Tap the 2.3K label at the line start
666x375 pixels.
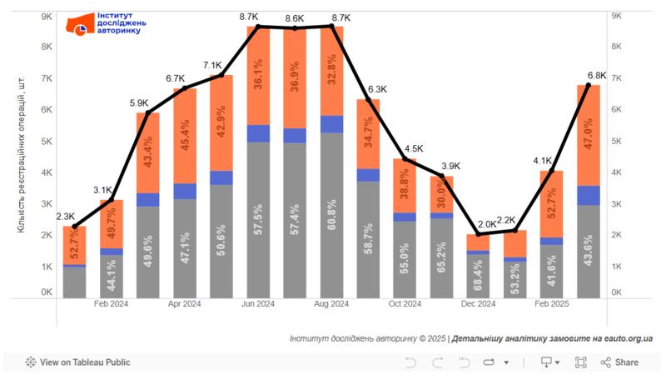coord(66,217)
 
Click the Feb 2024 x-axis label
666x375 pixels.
coord(112,304)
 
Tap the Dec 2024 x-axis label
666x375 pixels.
coord(479,304)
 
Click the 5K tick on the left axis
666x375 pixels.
coord(47,141)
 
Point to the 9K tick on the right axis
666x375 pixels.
coord(618,16)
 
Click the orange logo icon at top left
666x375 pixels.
coord(81,25)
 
